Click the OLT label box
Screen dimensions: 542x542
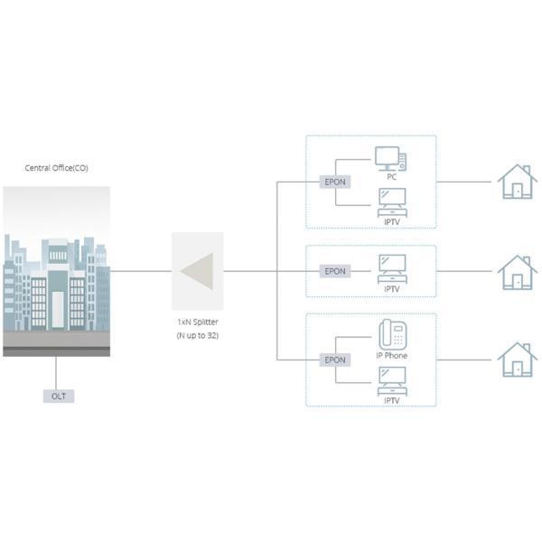pos(57,396)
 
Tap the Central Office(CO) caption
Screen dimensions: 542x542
pos(57,168)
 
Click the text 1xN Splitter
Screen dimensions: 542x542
pos(196,322)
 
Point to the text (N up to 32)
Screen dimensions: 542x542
pos(196,336)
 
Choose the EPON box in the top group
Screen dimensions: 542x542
pos(334,182)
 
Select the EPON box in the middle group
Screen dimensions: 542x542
pos(334,271)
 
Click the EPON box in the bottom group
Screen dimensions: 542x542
pos(334,360)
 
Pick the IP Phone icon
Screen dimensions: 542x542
pos(391,336)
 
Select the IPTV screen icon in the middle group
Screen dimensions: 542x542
pos(391,268)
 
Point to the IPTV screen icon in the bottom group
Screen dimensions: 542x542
pos(391,380)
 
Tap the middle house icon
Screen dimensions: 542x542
pos(515,271)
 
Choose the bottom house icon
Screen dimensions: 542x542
pos(515,359)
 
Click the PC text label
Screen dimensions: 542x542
pos(392,178)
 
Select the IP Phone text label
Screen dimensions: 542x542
pos(392,355)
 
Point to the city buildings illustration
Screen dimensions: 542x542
pos(57,271)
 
